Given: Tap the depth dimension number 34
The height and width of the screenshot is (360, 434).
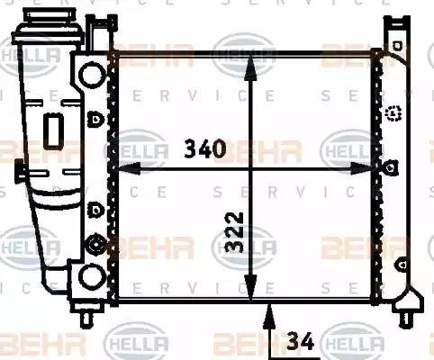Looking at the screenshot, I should pyautogui.click(x=301, y=341).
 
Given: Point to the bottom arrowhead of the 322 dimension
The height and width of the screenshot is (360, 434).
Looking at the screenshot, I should pyautogui.click(x=251, y=292).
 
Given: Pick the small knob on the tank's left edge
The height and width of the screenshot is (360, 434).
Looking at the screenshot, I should pyautogui.click(x=19, y=169).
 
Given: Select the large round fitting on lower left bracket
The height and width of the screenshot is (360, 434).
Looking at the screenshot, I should pyautogui.click(x=93, y=244).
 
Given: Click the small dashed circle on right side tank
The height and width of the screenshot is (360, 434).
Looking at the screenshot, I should pyautogui.click(x=393, y=112).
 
